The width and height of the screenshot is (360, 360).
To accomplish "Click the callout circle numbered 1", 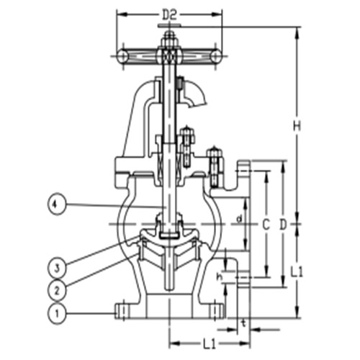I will tap(56, 312).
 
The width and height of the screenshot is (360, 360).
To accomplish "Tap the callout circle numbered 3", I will tap(56, 268).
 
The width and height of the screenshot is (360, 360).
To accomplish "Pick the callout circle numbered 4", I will tap(56, 204).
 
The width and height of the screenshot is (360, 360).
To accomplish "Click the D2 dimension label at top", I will tap(169, 14).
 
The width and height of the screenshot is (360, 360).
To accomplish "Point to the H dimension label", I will tap(295, 125).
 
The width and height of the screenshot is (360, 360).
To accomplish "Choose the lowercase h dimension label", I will tap(220, 276).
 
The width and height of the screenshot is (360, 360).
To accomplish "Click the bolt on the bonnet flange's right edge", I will tap(213, 163).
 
